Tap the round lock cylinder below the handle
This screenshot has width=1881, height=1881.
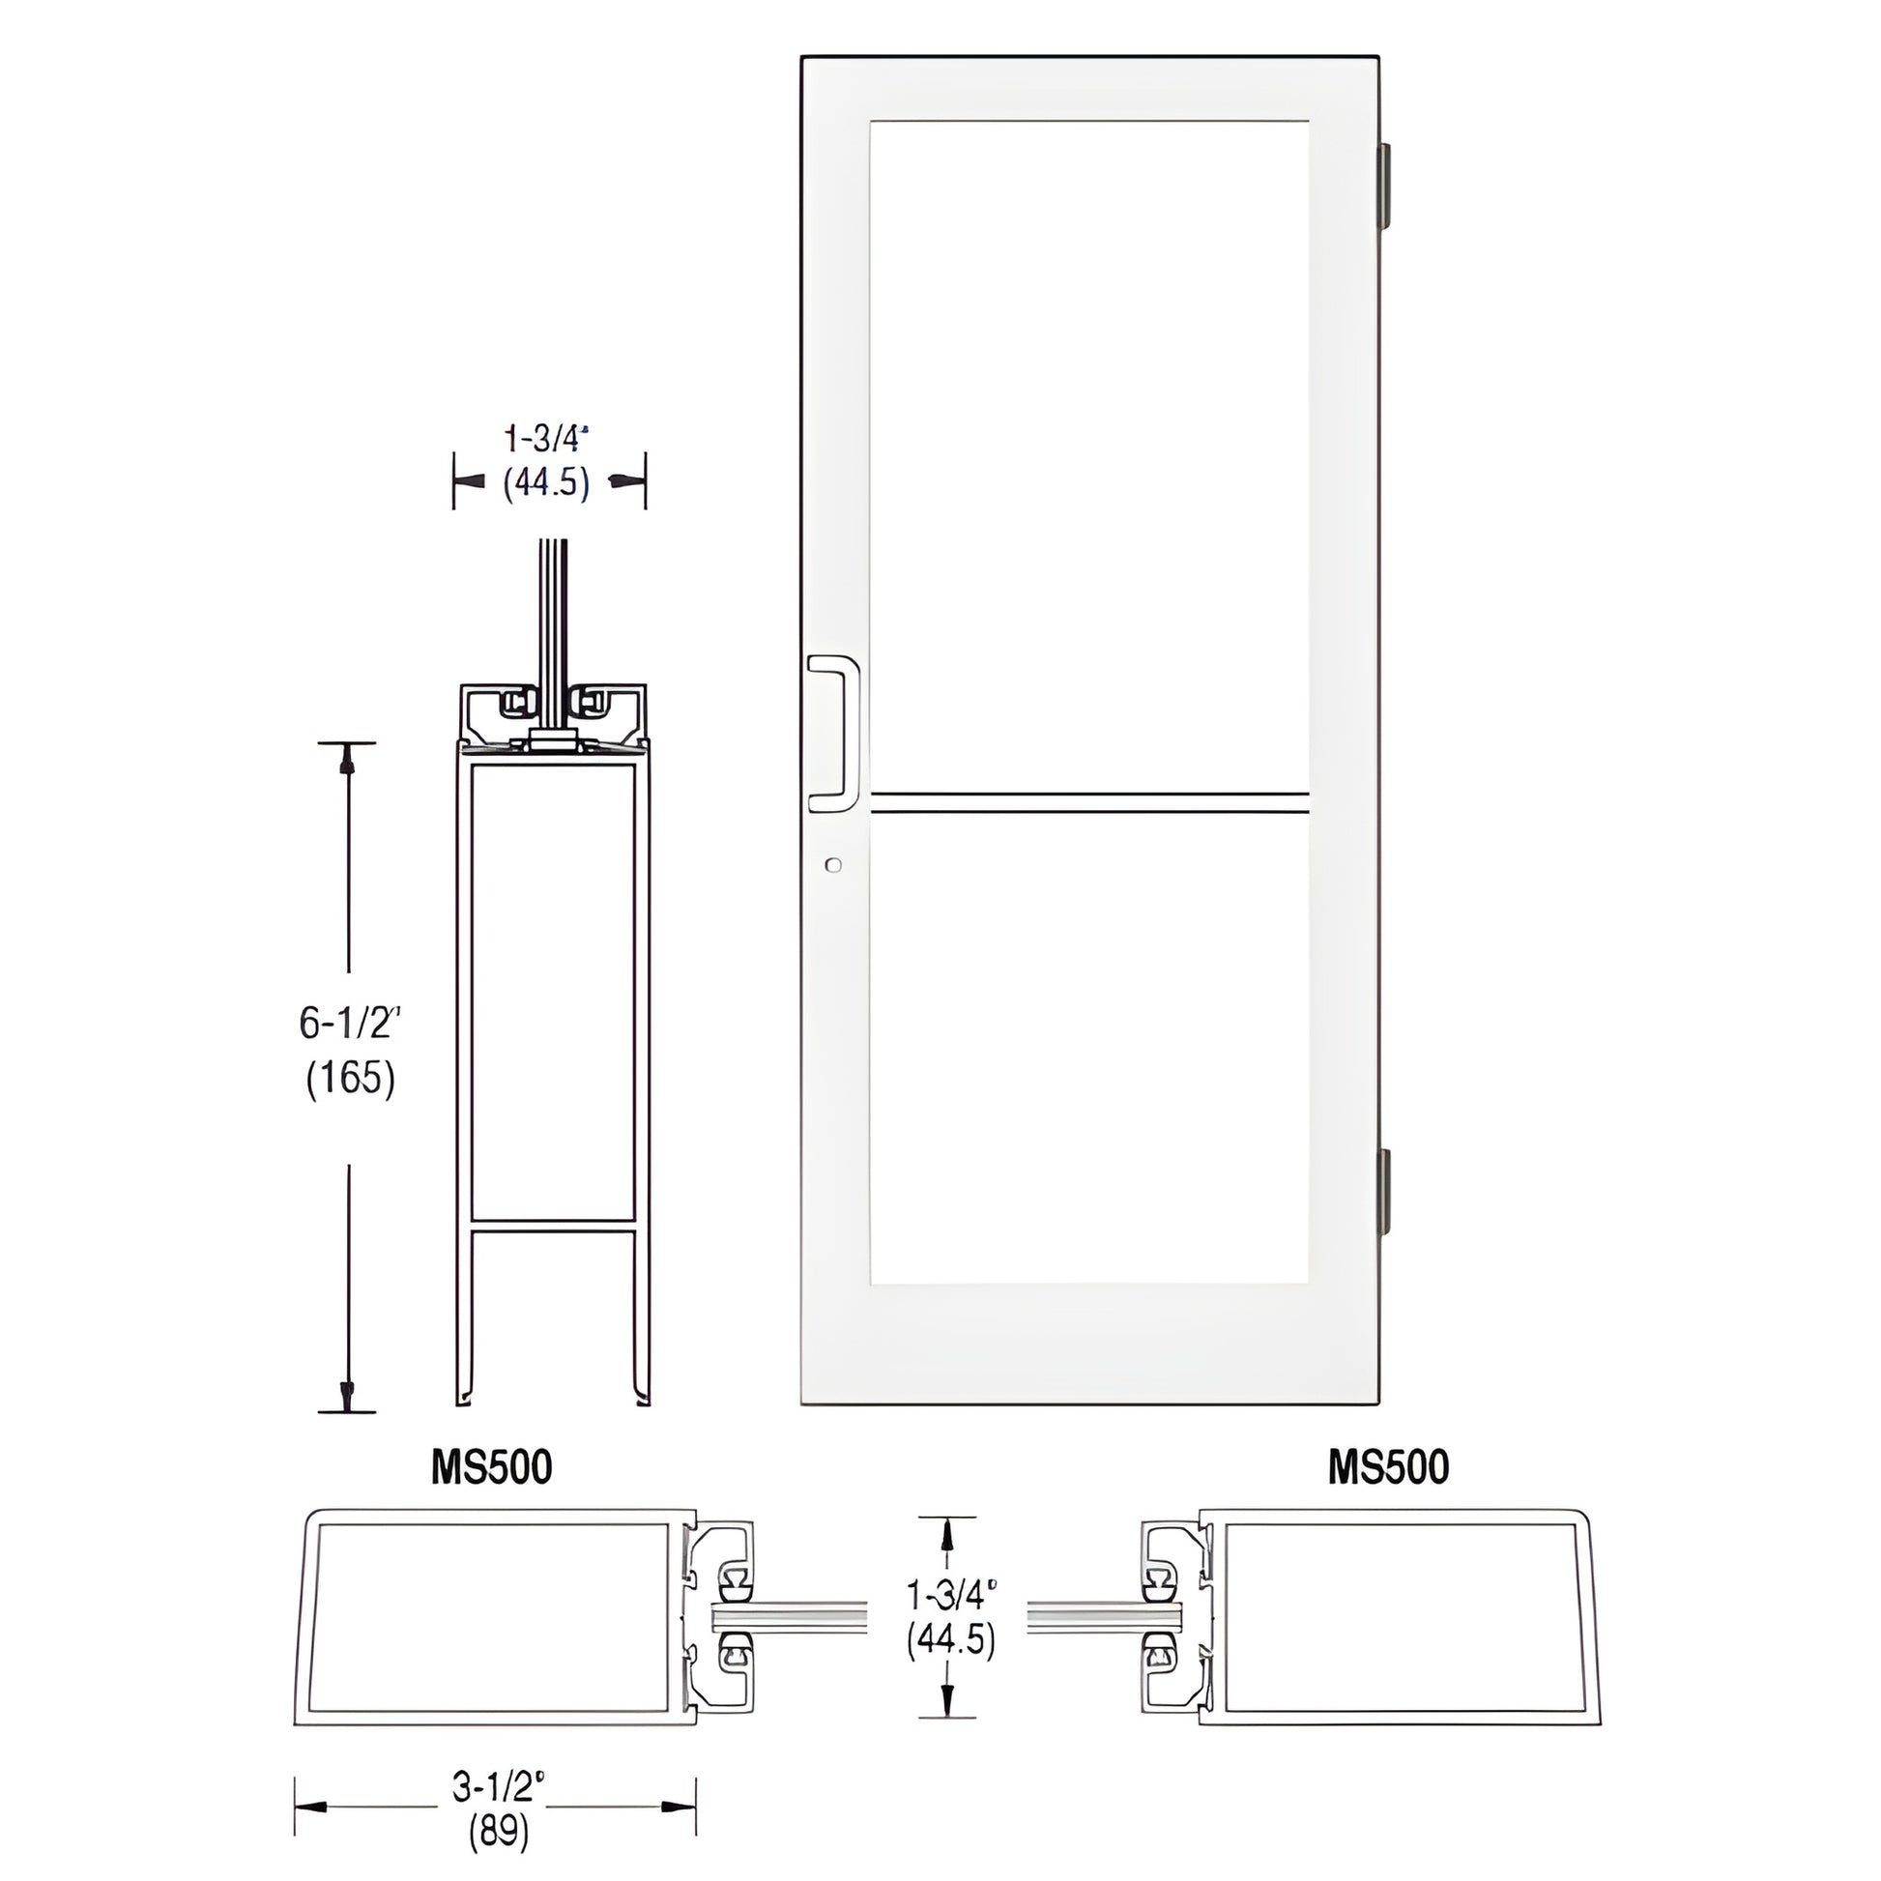click(831, 864)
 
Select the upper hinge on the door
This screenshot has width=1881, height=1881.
click(1383, 186)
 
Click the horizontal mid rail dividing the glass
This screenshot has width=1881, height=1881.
click(1088, 803)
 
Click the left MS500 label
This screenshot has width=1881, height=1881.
click(492, 1467)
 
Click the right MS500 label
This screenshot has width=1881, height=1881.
click(1388, 1467)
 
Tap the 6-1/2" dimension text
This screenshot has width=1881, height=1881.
click(350, 1024)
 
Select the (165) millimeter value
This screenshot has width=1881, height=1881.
click(350, 1079)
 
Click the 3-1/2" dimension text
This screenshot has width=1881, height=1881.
click(498, 1786)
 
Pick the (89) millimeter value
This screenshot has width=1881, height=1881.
click(499, 1834)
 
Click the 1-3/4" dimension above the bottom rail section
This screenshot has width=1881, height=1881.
click(547, 439)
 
